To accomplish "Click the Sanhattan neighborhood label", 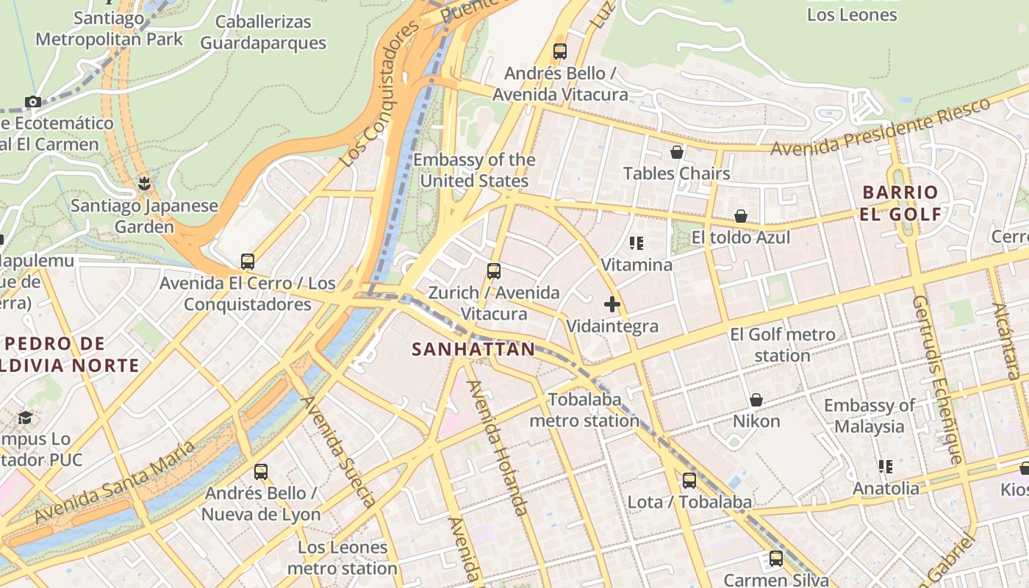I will click(x=473, y=349).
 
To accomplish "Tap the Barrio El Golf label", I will click(x=900, y=204).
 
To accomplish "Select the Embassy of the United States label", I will click(x=474, y=171).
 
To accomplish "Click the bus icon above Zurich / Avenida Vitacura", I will click(x=494, y=271).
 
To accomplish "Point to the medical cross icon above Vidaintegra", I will click(x=612, y=304).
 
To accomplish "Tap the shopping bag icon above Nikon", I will click(x=756, y=400).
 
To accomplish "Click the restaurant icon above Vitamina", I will click(x=637, y=243).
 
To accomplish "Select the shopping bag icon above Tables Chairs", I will click(x=676, y=152).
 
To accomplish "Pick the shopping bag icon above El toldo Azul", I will click(x=741, y=216).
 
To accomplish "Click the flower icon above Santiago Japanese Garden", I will click(x=144, y=184).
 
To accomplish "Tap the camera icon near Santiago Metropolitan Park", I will click(x=32, y=101).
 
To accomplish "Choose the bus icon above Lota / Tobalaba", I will click(x=689, y=481).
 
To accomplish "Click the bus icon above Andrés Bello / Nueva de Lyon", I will click(x=260, y=472).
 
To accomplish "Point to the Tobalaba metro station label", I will click(x=584, y=410).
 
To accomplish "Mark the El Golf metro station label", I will click(x=782, y=345).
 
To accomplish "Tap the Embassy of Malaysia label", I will click(x=869, y=416).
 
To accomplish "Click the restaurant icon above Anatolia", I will click(x=885, y=467).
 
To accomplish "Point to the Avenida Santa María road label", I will click(x=115, y=482).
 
